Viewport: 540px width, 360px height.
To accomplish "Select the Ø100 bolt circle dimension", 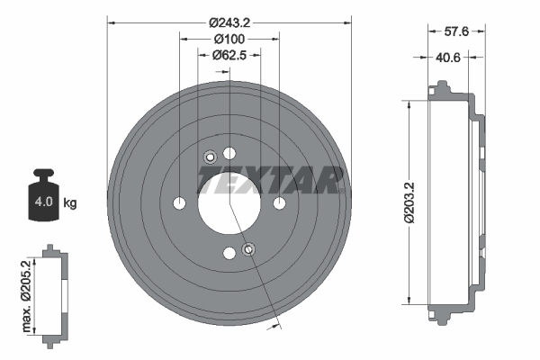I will point(230,39).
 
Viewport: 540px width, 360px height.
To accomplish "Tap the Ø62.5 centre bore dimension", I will point(230,56).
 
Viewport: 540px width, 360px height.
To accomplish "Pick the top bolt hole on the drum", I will point(229,152).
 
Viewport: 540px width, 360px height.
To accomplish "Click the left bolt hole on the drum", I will point(179,202).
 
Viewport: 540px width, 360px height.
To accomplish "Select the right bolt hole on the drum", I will point(279,202).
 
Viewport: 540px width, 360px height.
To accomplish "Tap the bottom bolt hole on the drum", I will point(229,253).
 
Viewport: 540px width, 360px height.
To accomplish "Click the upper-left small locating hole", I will point(209,157).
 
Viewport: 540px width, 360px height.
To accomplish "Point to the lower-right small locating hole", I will point(249,248).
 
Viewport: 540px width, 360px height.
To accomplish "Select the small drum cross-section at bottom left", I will point(54,292).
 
